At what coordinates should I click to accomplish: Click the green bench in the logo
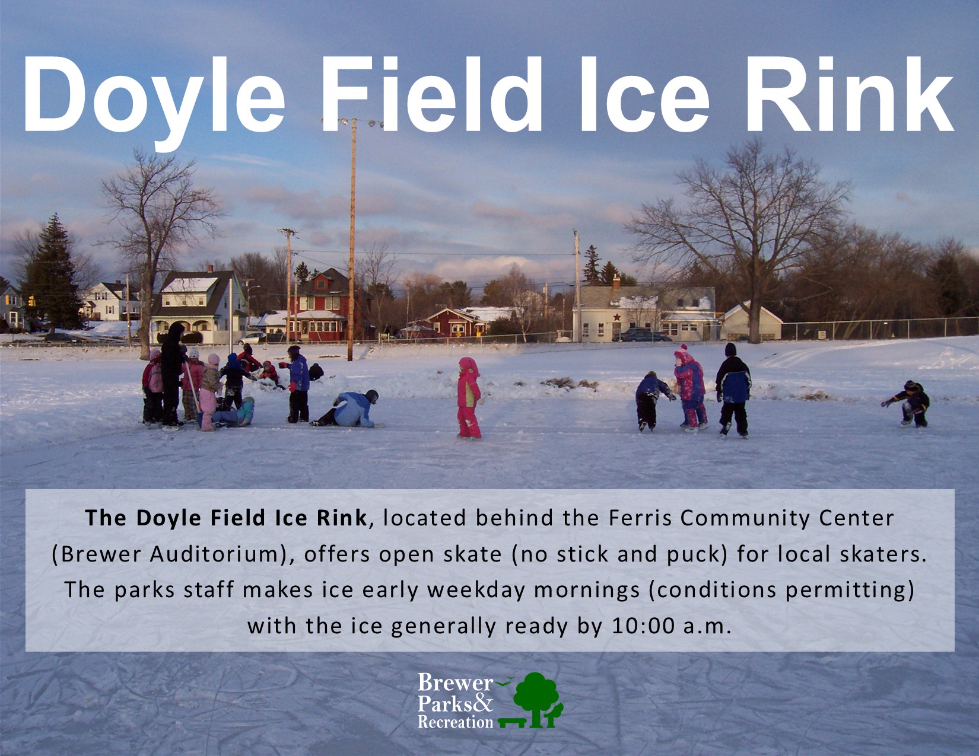512,722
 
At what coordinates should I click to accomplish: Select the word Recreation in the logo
455,722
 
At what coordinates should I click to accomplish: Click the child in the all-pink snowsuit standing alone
469,398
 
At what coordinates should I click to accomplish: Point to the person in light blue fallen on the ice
349,409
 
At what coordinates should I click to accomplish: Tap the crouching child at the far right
909,404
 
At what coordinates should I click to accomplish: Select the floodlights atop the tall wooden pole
352,122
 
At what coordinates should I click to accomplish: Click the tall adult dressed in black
173,374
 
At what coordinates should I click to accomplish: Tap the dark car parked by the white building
641,334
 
